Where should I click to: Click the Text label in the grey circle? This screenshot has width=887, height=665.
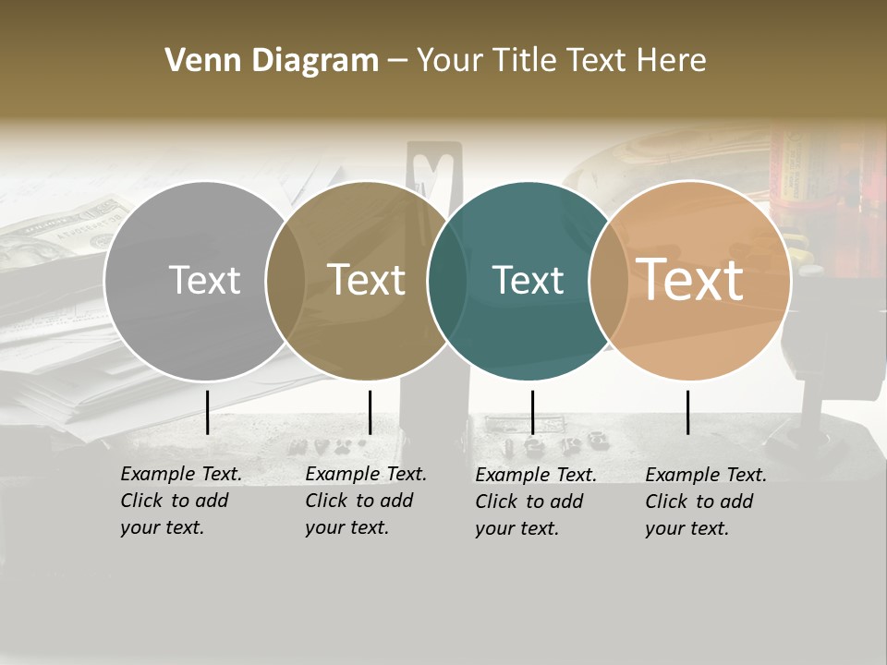(x=204, y=280)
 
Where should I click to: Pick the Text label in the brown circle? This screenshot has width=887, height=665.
(x=366, y=280)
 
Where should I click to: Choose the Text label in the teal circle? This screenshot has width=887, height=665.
(x=528, y=280)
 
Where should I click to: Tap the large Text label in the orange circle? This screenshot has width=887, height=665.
(x=690, y=280)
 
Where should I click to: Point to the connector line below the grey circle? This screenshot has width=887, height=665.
(x=208, y=412)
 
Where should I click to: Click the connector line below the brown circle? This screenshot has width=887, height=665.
(x=370, y=412)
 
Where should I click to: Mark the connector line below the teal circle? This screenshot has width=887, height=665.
(x=532, y=412)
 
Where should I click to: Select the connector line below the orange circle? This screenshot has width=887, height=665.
(x=687, y=412)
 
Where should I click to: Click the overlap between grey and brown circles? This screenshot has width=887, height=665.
(x=286, y=281)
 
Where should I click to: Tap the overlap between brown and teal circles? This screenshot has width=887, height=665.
(x=447, y=281)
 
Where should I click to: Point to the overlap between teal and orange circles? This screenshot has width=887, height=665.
(x=608, y=281)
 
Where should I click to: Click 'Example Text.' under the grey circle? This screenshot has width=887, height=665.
(x=181, y=474)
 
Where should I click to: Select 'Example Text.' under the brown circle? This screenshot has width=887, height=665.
(x=366, y=474)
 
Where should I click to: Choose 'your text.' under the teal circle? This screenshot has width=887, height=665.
(x=516, y=529)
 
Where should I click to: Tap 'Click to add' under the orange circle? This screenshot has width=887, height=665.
(x=699, y=502)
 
